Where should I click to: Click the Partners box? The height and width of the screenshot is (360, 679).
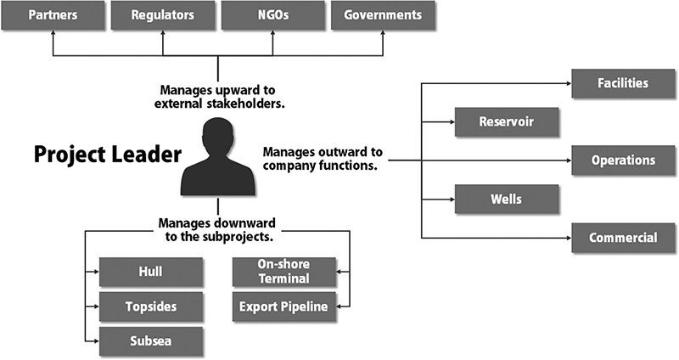53,15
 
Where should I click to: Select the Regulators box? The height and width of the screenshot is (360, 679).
163,15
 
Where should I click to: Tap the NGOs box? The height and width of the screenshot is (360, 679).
273,15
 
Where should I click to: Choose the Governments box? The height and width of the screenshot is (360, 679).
383,15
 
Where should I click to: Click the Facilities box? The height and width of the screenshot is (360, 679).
624,83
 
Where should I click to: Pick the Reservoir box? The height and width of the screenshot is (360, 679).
507,121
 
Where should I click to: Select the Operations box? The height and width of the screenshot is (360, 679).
624,160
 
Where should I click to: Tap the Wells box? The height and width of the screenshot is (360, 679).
507,200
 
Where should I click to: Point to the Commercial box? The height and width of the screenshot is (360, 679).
624,238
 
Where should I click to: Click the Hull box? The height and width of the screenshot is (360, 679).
150,272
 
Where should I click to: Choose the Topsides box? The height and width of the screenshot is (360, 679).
150,306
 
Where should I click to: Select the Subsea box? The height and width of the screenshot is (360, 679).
150,340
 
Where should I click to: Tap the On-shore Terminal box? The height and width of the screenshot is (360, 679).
283,272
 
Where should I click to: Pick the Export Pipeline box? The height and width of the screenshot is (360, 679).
283,306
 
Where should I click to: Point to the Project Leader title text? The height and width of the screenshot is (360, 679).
107,155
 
